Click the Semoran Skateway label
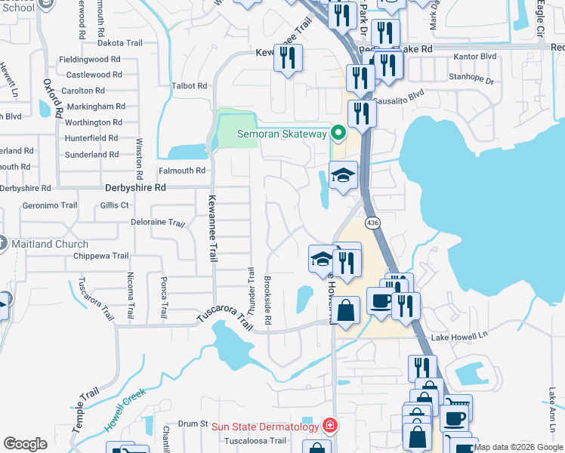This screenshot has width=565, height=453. click(282, 134)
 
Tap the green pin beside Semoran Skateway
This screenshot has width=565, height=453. click(339, 134)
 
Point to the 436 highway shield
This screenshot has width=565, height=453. click(372, 223)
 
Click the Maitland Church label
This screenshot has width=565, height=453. click(50, 244)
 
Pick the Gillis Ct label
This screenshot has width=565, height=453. click(114, 205)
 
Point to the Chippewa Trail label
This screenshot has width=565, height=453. click(101, 256)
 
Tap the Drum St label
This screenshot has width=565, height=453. click(193, 424)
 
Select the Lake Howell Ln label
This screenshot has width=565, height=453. click(455, 337)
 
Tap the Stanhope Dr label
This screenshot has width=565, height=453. click(471, 79)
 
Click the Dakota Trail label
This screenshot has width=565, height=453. click(121, 43)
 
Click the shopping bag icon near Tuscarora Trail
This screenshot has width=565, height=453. click(345, 310)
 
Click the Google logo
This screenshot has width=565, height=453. click(26, 444)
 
